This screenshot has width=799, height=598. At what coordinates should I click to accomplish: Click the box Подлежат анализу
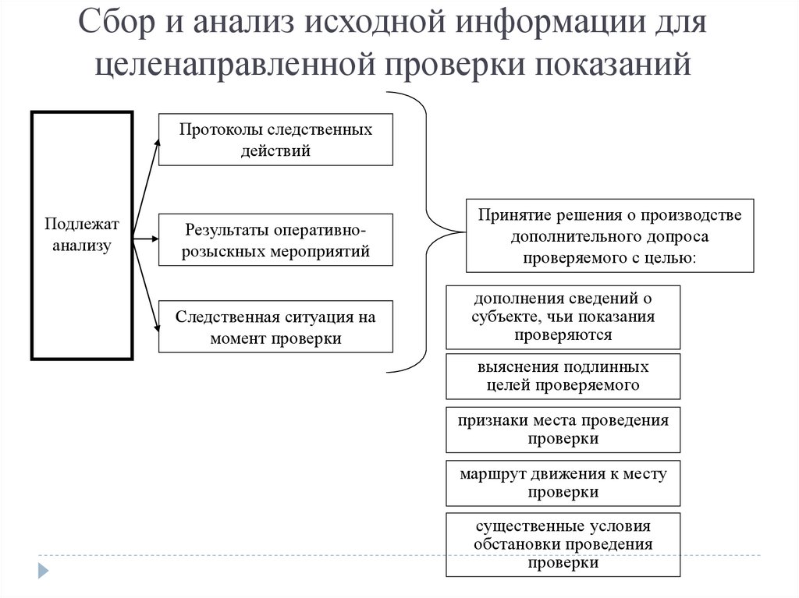pyautogui.click(x=81, y=235)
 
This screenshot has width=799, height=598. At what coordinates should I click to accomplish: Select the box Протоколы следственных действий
pyautogui.click(x=275, y=140)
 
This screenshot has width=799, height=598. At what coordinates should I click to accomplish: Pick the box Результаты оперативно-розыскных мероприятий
pyautogui.click(x=275, y=240)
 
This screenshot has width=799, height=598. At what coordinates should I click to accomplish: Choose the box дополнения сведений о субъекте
pyautogui.click(x=563, y=317)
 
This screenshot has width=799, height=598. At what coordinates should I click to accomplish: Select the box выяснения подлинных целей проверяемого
pyautogui.click(x=563, y=376)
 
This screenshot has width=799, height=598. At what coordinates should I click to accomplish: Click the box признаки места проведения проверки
pyautogui.click(x=563, y=429)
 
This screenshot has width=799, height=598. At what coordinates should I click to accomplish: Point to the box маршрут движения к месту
pyautogui.click(x=563, y=483)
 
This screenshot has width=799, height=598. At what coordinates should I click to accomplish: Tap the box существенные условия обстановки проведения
pyautogui.click(x=563, y=543)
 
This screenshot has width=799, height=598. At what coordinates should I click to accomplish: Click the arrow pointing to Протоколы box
pyautogui.click(x=147, y=185)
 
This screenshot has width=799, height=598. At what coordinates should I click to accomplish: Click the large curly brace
pyautogui.click(x=427, y=231)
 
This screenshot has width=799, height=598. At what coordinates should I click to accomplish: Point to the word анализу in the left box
pyautogui.click(x=81, y=246)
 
